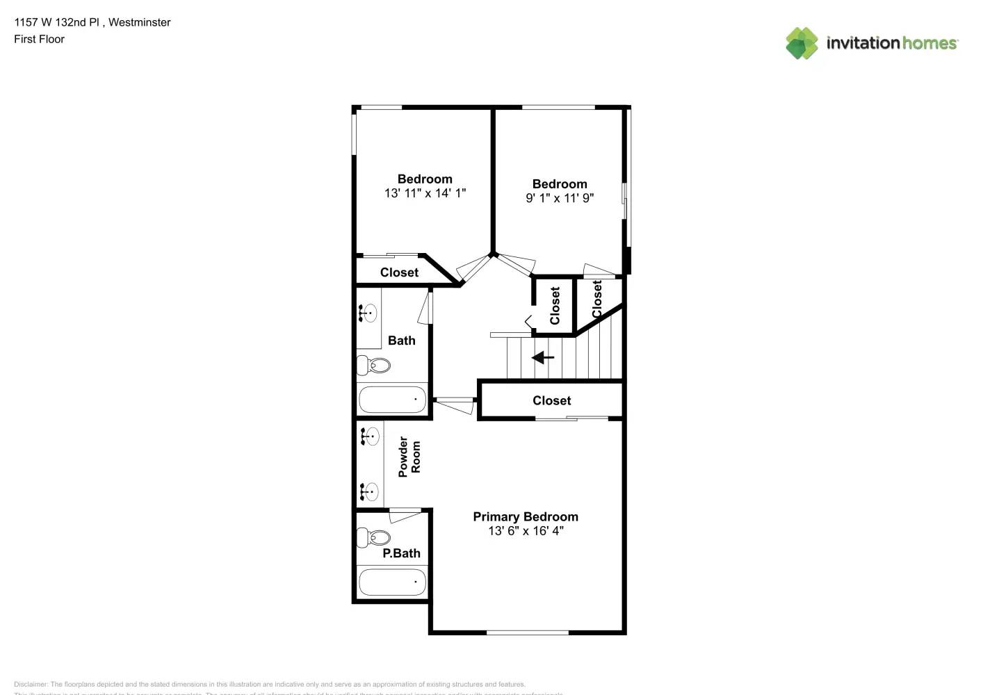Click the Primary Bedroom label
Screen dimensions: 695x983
(x=525, y=516)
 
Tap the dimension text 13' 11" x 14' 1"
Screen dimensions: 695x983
(x=425, y=193)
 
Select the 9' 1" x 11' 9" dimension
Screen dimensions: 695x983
(x=560, y=198)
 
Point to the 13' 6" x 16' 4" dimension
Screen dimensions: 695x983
(x=526, y=531)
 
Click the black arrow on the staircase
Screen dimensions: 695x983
(x=543, y=358)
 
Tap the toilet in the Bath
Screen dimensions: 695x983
(x=374, y=365)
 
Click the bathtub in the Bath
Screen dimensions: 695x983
(x=392, y=400)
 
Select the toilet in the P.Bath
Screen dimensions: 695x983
(x=374, y=537)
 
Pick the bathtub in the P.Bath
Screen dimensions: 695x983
(x=392, y=582)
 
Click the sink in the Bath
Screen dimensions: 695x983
(x=368, y=313)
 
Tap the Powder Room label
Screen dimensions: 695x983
(x=409, y=457)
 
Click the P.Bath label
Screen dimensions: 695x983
(x=401, y=553)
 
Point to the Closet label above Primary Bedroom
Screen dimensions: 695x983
(x=551, y=400)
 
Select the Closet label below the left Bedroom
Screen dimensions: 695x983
(x=399, y=272)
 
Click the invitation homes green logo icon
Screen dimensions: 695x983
(x=802, y=43)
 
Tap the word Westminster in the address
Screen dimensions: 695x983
(x=139, y=22)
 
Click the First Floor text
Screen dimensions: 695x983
(x=39, y=39)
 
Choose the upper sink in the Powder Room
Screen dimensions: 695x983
(x=370, y=436)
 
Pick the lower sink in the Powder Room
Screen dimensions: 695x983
(x=370, y=491)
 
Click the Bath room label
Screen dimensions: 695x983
(x=401, y=341)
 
